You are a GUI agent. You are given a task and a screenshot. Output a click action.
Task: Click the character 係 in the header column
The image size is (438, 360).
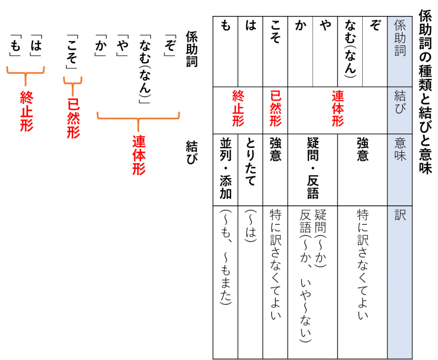(x=400, y=26)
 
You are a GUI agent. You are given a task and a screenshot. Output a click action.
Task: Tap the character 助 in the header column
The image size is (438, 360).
(x=400, y=38)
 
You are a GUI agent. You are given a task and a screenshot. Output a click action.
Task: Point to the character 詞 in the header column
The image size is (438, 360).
(x=400, y=51)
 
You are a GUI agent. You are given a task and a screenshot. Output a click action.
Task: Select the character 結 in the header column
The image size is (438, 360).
(x=400, y=95)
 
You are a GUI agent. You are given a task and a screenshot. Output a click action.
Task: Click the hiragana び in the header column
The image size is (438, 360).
(x=400, y=108)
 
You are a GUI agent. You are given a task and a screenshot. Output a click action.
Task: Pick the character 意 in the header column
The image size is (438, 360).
(x=400, y=143)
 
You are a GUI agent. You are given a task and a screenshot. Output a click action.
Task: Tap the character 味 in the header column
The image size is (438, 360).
(x=400, y=155)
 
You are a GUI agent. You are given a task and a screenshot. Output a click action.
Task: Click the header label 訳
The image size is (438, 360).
(x=400, y=215)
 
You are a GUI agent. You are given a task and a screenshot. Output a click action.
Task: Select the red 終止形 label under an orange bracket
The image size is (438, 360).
(x=26, y=111)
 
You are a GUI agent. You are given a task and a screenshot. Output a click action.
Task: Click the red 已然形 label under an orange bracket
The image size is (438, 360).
(x=73, y=118)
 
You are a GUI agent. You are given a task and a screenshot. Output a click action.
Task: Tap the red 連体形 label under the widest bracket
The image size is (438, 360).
(x=139, y=155)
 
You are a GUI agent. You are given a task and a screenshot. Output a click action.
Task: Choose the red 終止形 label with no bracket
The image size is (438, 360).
(x=238, y=108)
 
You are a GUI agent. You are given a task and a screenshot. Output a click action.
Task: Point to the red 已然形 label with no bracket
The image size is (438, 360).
(x=275, y=108)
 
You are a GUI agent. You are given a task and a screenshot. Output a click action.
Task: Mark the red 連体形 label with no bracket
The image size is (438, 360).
(x=338, y=108)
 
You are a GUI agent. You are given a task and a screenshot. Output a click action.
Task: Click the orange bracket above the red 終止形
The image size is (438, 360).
(x=26, y=72)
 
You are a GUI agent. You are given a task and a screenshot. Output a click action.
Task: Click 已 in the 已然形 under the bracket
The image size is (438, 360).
(x=73, y=104)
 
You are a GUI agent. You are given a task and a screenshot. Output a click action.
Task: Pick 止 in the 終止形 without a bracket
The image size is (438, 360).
(x=238, y=108)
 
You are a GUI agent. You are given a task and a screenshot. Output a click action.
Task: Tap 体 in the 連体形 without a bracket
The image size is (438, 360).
(x=338, y=108)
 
